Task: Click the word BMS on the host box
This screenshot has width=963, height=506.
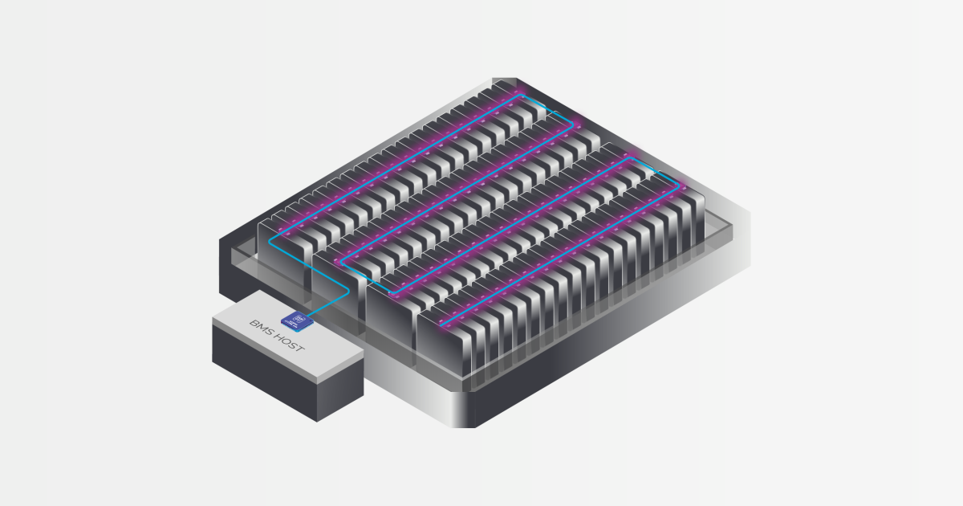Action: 262,328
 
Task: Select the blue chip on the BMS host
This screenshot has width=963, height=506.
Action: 297,320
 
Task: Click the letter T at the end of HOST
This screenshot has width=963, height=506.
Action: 299,348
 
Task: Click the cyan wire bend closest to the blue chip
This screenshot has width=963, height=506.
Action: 347,292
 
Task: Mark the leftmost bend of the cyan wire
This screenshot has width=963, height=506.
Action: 270,241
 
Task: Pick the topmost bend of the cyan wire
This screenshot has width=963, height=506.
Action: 521,96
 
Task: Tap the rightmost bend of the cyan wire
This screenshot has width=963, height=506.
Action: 678,186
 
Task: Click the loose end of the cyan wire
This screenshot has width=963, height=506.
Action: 442,325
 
